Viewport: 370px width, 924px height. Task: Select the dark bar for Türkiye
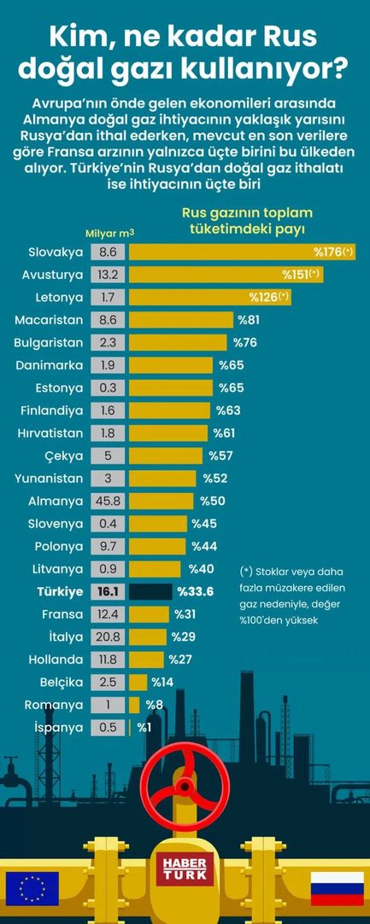(x=150, y=591)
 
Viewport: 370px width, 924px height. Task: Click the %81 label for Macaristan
(x=249, y=320)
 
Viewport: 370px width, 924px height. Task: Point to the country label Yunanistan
(x=49, y=478)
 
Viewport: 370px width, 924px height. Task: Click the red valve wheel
(x=185, y=783)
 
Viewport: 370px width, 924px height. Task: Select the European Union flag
(x=32, y=887)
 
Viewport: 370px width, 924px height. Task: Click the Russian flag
(x=337, y=887)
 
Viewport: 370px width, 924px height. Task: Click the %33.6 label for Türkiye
(x=194, y=591)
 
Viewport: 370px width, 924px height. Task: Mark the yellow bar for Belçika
(x=138, y=682)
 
